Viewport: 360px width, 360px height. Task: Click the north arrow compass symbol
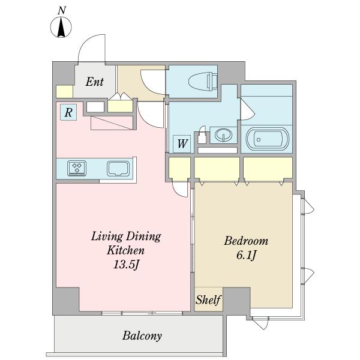[61, 28]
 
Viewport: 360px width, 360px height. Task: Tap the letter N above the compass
[62, 11]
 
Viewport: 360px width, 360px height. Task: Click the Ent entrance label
[95, 82]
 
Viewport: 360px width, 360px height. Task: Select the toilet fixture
[203, 81]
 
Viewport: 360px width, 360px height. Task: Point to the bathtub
[267, 139]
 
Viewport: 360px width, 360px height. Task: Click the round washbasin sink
[223, 134]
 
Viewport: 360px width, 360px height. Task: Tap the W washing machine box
[182, 144]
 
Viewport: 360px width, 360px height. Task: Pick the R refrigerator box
[68, 112]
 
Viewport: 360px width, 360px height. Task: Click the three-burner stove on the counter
[77, 168]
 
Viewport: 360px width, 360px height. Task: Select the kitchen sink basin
[118, 169]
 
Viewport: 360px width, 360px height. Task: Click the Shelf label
[208, 299]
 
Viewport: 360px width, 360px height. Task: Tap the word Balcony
[142, 335]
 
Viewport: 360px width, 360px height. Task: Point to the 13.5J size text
[126, 265]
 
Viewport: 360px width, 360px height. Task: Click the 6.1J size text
[246, 255]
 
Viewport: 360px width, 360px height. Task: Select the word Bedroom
[246, 241]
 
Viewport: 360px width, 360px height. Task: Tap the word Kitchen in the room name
[125, 250]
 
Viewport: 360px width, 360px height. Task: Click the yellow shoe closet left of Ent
[65, 92]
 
